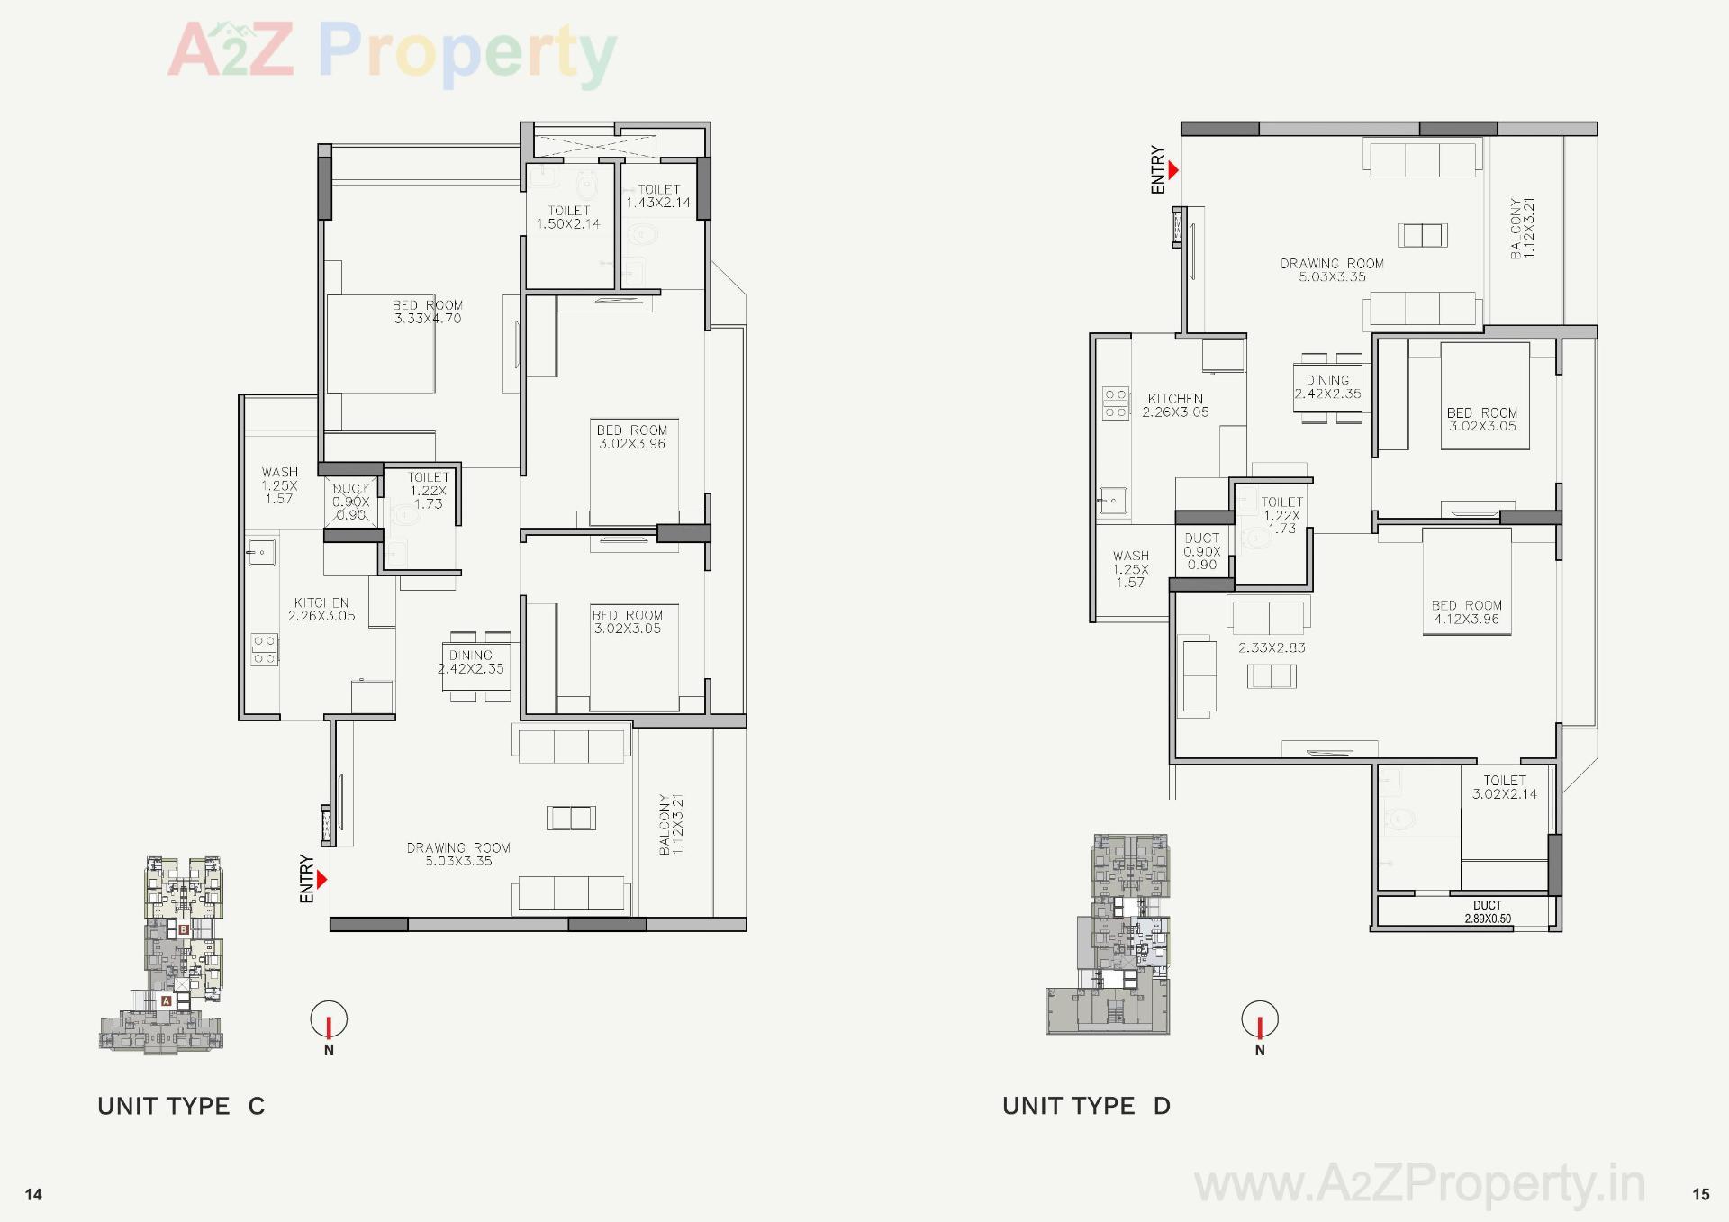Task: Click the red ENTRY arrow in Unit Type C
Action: [321, 879]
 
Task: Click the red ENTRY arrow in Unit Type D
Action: [1172, 169]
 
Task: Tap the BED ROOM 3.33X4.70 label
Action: [428, 312]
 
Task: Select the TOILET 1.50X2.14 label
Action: [568, 217]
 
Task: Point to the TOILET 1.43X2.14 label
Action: [658, 196]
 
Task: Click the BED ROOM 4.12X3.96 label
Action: [1467, 612]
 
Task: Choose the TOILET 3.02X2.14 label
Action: [1505, 787]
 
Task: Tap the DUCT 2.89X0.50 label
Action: [1488, 912]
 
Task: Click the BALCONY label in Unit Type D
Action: [1522, 229]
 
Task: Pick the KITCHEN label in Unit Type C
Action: [321, 610]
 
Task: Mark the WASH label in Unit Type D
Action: [1130, 569]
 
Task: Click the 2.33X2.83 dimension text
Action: [1272, 647]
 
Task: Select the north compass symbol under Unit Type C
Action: [329, 1021]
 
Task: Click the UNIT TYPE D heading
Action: [1086, 1106]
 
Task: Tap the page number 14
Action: [33, 1194]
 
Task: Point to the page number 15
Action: [1700, 1194]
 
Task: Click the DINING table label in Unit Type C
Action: [471, 662]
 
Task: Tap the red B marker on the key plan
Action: [183, 929]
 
